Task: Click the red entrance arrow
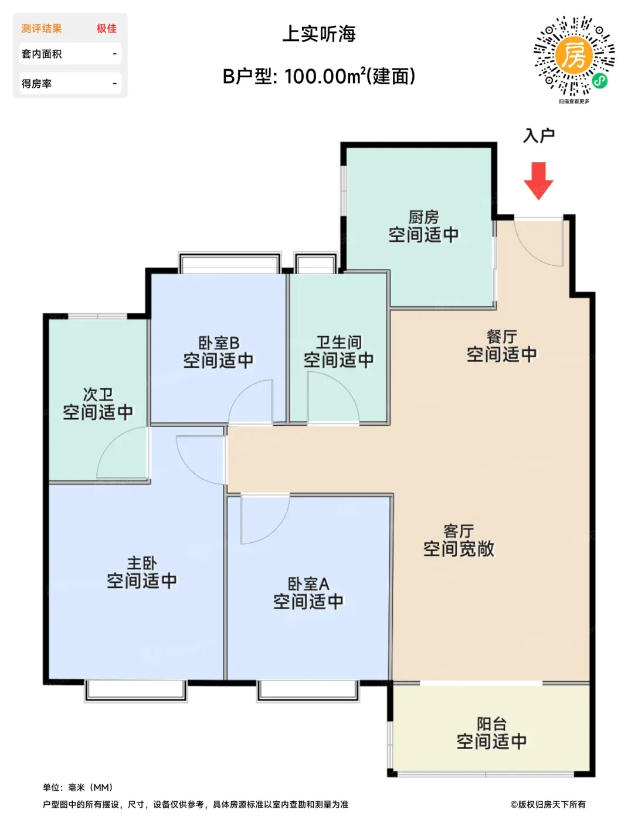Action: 538,181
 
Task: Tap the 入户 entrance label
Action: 539,136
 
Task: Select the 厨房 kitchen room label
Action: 423,217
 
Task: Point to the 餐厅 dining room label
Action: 501,337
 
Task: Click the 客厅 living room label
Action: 459,531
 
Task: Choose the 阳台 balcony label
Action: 491,724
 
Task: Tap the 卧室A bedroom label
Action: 308,584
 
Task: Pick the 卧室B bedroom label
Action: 219,343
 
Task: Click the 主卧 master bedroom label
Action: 142,563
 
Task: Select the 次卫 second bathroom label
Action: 98,394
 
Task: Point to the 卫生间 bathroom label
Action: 339,342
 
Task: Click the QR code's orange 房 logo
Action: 573,54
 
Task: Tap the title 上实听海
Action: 319,34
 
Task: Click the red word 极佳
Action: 107,28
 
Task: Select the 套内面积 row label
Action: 42,54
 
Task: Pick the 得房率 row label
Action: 36,83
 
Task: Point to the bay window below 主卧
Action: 135,691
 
